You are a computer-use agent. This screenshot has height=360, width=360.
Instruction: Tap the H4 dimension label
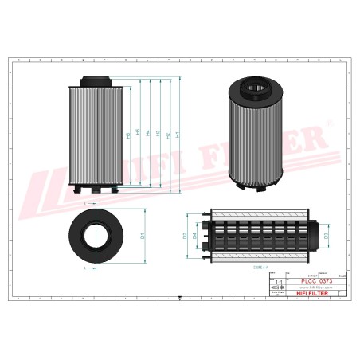tap(149, 133)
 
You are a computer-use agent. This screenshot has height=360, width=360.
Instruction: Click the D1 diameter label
tap(142, 236)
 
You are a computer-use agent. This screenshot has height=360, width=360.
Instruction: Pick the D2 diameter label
tap(184, 237)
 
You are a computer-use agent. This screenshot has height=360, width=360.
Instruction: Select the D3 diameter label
tap(327, 237)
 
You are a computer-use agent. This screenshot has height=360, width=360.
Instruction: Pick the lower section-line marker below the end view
tap(84, 269)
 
